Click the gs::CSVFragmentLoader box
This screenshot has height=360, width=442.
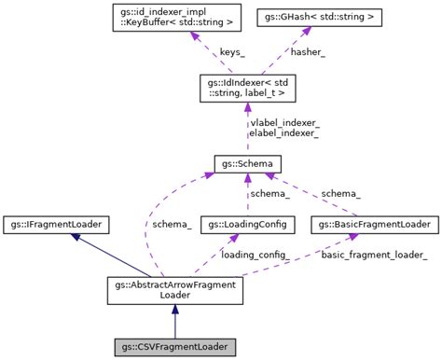click(175, 347)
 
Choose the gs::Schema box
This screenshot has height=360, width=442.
click(247, 163)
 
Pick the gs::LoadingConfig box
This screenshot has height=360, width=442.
click(247, 225)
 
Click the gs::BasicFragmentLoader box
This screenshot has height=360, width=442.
click(373, 225)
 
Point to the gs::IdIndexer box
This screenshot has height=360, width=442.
click(247, 90)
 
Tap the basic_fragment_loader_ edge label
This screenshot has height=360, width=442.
click(376, 255)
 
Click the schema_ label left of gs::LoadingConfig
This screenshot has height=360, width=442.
click(173, 225)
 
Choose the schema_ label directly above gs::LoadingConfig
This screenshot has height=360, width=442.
click(269, 193)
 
